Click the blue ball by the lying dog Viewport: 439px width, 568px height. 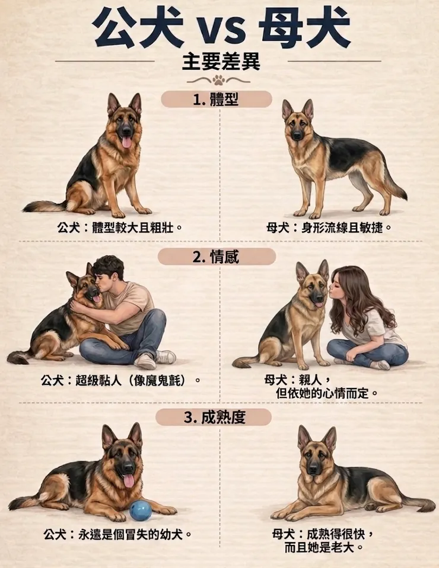click(141, 511)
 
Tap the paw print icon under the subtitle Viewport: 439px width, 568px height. click(219, 80)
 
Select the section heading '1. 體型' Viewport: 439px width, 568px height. click(216, 100)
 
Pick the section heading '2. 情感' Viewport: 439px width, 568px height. click(216, 257)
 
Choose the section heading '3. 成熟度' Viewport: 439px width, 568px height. click(214, 418)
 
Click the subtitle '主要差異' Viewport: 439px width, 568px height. click(221, 62)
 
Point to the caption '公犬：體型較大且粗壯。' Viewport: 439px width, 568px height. click(119, 228)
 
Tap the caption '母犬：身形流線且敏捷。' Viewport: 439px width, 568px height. click(329, 228)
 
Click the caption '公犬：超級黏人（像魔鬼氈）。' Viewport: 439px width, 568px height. click(121, 381)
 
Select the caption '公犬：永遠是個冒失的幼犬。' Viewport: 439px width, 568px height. click(117, 534)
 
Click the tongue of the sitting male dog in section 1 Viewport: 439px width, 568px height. click(126, 142)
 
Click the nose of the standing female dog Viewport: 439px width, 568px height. click(297, 136)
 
